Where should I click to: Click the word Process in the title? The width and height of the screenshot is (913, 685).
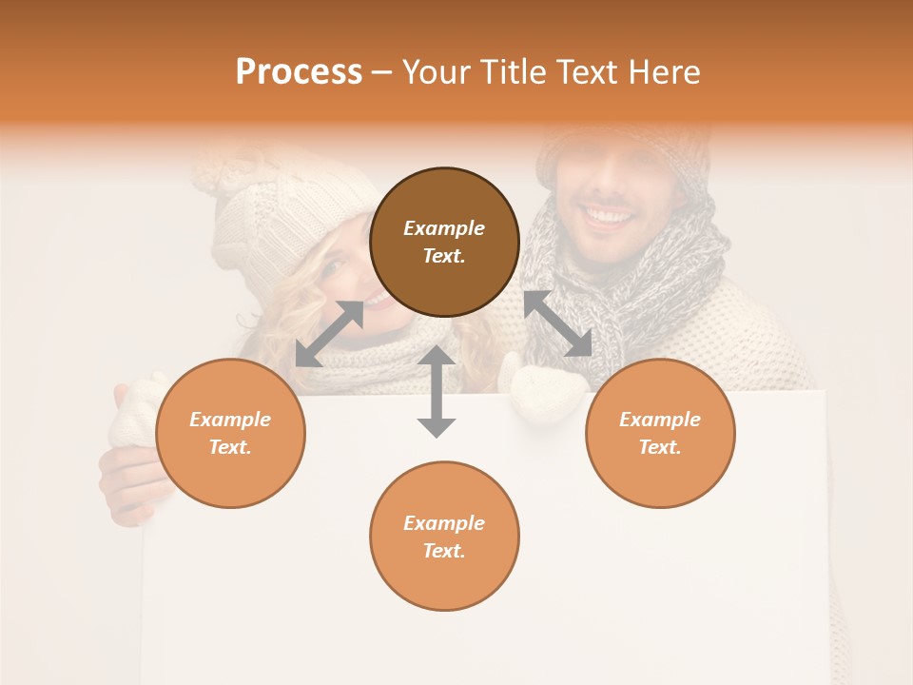[299, 72]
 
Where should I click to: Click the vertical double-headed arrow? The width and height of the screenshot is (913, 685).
[437, 391]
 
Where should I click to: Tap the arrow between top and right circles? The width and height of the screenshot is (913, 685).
[558, 323]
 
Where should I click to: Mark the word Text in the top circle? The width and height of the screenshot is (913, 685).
[443, 257]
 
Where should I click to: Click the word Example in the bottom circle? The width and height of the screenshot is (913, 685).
[444, 522]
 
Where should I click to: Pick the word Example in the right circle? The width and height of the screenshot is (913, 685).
[660, 420]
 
